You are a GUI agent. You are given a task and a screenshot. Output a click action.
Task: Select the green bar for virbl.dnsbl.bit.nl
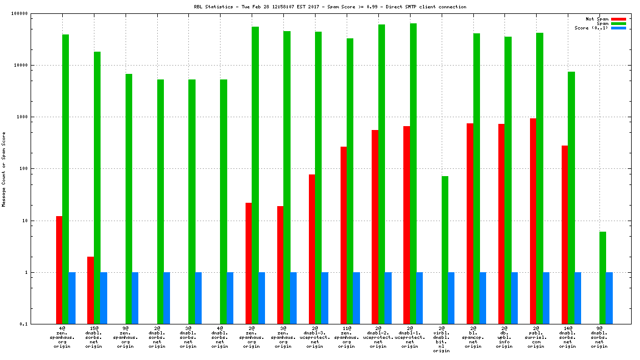click(x=445, y=250)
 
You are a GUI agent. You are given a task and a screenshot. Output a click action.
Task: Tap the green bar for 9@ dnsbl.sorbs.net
click(x=603, y=278)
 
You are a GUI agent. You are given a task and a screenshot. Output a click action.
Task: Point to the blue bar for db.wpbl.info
click(x=514, y=298)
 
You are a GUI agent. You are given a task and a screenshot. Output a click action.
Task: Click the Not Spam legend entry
click(x=597, y=19)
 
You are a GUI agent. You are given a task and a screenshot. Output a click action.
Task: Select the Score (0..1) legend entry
click(x=591, y=28)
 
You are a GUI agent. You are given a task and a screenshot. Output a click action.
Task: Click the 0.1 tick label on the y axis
click(x=39, y=324)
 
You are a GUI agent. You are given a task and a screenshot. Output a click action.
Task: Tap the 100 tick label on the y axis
click(x=38, y=169)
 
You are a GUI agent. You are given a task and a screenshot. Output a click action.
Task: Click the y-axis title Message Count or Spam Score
click(x=4, y=169)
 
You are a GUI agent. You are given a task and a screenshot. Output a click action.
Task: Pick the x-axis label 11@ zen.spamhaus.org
click(x=346, y=338)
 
